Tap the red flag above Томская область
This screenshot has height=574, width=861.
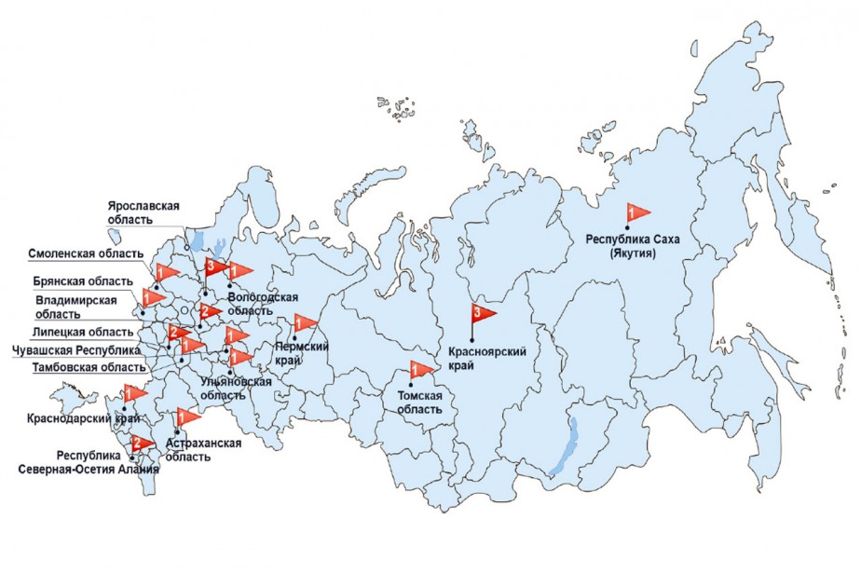[421, 370]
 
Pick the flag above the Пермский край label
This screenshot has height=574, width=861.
[305, 322]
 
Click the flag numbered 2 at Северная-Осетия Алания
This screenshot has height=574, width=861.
[143, 443]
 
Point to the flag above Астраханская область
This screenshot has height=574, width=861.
[187, 416]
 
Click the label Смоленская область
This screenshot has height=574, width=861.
[86, 253]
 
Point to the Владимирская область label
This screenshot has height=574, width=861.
[76, 307]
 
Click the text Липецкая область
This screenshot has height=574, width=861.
[85, 333]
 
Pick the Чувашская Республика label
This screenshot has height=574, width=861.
[75, 350]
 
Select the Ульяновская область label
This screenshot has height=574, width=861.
[236, 388]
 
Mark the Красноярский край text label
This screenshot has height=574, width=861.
[483, 357]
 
